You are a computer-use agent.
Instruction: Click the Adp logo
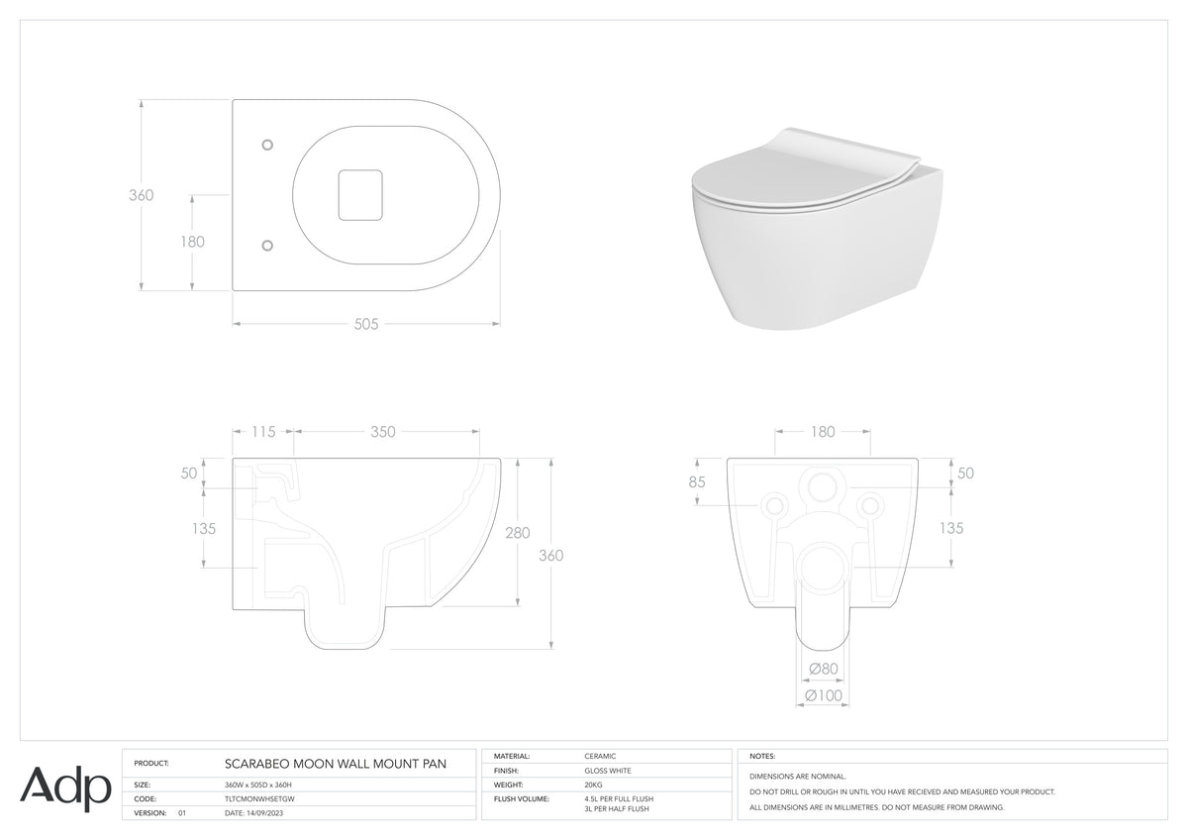65,789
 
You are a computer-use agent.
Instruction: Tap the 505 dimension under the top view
366,324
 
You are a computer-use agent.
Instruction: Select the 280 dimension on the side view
517,533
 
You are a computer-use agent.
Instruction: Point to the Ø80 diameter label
824,669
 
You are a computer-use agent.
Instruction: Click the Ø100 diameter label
824,695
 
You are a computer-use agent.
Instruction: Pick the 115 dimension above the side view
263,432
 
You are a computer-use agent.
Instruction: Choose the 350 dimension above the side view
383,432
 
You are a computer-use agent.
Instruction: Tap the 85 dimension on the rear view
697,481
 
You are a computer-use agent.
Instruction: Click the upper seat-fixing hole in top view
268,145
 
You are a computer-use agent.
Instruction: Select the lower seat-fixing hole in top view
268,245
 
